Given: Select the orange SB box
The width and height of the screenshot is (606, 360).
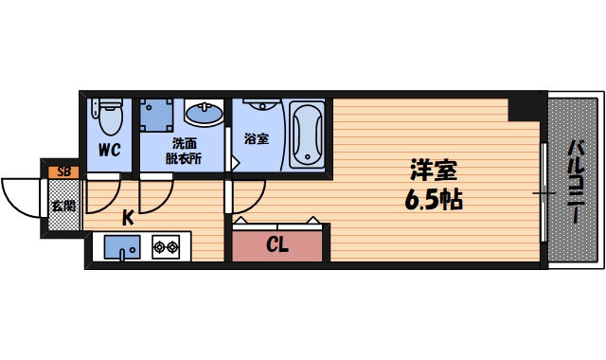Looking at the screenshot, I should pyautogui.click(x=63, y=171).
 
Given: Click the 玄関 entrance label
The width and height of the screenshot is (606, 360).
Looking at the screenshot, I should pyautogui.click(x=62, y=206).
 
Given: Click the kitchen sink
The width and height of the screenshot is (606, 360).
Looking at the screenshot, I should pyautogui.click(x=120, y=248).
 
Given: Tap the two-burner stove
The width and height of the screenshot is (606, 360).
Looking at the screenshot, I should pyautogui.click(x=166, y=248).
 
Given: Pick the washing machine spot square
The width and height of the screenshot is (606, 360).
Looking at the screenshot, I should pyautogui.click(x=157, y=115).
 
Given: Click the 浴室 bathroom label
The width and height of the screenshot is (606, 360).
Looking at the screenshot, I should pyautogui.click(x=256, y=139).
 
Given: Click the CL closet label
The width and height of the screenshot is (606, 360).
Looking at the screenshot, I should pyautogui.click(x=276, y=245).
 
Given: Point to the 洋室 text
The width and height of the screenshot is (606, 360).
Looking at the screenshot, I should pyautogui.click(x=434, y=172).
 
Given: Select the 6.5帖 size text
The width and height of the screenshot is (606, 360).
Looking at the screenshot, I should pyautogui.click(x=434, y=201).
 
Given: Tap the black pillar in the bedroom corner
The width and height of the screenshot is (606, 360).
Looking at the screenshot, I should pyautogui.click(x=522, y=107).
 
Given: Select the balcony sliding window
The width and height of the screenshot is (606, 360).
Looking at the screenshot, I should pyautogui.click(x=544, y=192).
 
